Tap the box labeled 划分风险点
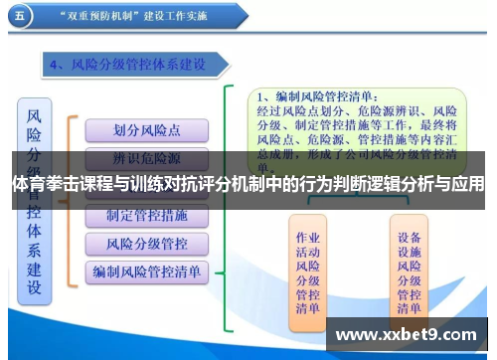click(146, 130)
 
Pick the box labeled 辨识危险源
click(146, 157)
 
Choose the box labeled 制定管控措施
click(146, 215)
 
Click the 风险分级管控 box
click(146, 242)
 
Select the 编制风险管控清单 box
click(146, 270)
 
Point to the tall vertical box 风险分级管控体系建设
click(34, 199)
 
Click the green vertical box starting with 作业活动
click(308, 272)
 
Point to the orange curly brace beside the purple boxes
click(71, 199)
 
